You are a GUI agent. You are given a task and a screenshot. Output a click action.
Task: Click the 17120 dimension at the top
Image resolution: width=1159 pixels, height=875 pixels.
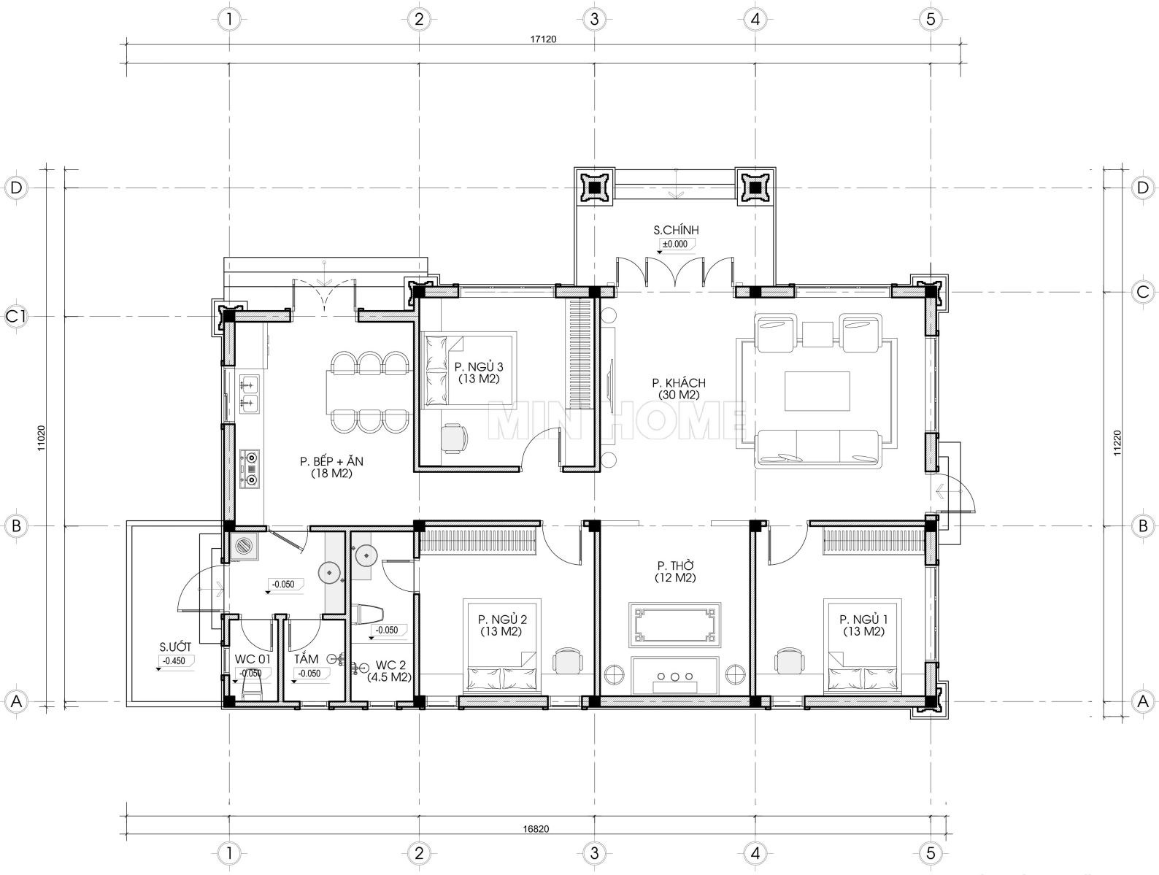543,39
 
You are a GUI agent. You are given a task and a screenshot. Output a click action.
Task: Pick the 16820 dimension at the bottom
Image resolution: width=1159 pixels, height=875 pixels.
536,829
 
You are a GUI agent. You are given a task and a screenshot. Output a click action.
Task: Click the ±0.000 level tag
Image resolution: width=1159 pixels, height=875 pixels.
675,244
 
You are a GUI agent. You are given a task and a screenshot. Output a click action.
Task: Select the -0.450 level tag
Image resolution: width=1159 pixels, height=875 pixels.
174,660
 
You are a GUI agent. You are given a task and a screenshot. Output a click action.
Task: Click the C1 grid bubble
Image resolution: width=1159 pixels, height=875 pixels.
16,317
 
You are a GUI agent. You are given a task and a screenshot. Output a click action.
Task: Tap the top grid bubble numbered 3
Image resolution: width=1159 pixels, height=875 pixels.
595,20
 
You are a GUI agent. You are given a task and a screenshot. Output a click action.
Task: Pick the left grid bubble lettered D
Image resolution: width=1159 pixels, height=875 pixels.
16,188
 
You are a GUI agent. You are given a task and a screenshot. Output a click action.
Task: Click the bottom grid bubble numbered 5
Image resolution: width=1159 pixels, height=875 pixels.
931,853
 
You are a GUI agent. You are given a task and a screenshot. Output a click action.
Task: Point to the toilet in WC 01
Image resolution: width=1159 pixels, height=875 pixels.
252,687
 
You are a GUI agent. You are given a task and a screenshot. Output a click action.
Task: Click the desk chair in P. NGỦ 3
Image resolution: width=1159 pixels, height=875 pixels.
453,438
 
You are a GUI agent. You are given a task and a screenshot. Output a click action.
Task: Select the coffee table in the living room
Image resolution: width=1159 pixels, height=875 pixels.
817,391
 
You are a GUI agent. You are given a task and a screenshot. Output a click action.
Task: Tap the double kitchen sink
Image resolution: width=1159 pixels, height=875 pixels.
249,393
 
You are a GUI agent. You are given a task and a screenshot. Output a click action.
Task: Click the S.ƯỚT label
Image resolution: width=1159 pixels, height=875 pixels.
175,647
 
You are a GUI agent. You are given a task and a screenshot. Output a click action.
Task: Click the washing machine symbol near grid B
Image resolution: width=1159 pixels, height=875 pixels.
244,546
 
